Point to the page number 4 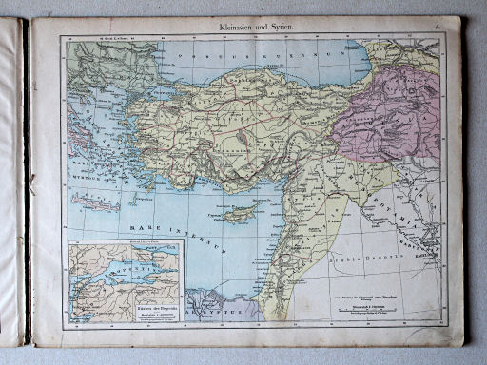tap(437, 28)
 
